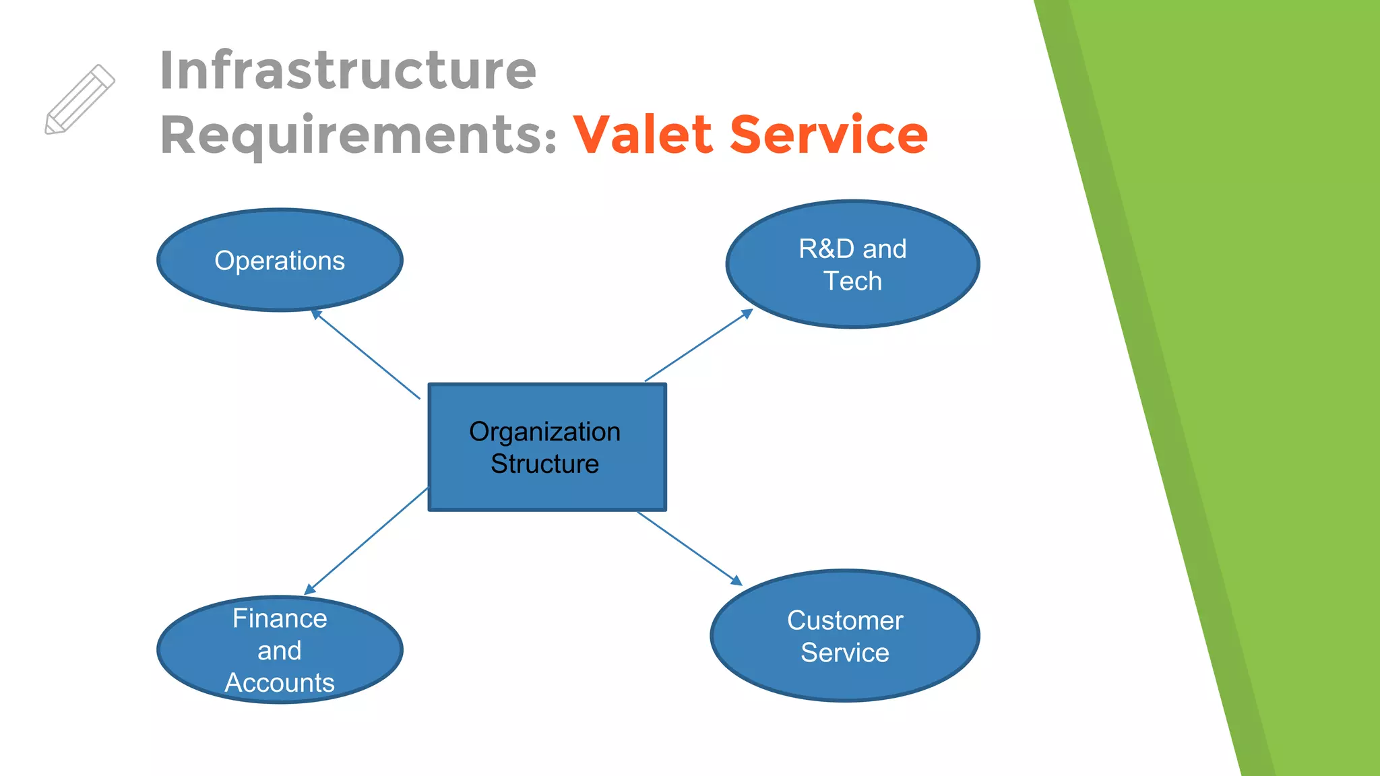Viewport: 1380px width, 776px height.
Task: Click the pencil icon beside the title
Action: click(x=80, y=100)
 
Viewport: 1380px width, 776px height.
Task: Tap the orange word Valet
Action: click(x=643, y=135)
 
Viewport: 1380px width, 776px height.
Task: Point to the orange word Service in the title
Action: click(x=829, y=135)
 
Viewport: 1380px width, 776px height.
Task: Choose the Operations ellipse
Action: click(x=280, y=260)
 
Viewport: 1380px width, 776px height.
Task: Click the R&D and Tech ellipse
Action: click(x=852, y=264)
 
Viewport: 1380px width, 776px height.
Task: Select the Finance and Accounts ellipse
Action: click(x=280, y=650)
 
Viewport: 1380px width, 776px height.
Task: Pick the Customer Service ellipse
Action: click(x=845, y=636)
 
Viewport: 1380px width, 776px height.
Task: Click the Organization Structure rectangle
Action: click(x=546, y=447)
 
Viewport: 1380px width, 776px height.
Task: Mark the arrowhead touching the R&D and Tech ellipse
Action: click(x=747, y=313)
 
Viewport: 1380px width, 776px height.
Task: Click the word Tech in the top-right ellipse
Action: click(x=852, y=281)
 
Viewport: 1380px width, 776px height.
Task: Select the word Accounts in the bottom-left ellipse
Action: click(x=280, y=683)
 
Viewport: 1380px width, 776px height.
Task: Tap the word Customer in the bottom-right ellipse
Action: click(x=845, y=620)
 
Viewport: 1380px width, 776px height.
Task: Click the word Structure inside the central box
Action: click(x=544, y=464)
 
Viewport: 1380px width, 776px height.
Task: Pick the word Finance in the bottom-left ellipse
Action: click(x=280, y=618)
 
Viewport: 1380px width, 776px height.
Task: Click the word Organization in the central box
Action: click(x=544, y=432)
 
